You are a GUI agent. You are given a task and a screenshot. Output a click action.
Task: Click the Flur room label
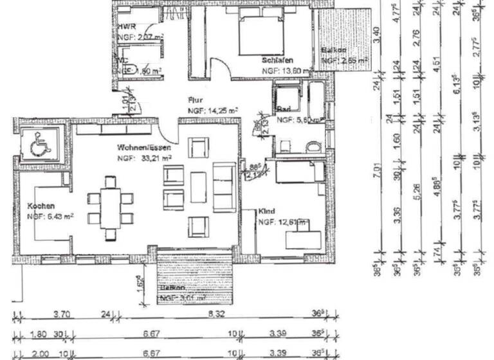point(195,100)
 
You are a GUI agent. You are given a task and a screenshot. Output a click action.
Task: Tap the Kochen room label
point(41,206)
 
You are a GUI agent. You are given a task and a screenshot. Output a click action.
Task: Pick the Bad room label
point(284,109)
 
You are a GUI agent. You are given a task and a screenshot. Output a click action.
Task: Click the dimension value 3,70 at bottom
point(61,315)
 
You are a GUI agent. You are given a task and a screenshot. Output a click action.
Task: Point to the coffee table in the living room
point(197,191)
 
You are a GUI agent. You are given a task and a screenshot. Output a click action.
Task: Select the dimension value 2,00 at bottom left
point(40,354)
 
